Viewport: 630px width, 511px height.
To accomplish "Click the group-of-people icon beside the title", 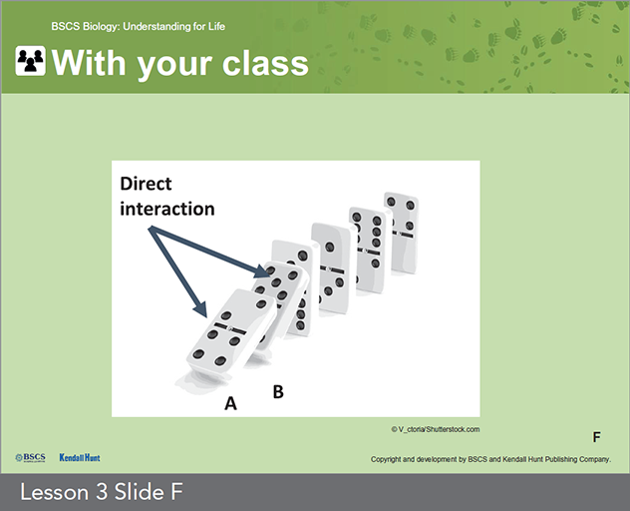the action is click(x=31, y=61).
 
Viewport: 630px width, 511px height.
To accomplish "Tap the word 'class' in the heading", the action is click(x=265, y=63).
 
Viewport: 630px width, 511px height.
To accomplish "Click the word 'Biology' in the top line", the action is click(x=101, y=27).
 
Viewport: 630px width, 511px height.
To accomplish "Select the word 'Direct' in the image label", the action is click(x=146, y=184).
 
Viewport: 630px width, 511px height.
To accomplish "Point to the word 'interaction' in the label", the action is click(x=167, y=209).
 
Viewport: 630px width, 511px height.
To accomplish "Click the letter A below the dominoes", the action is click(x=230, y=403).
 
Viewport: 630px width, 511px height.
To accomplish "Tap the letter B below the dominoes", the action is click(x=278, y=391).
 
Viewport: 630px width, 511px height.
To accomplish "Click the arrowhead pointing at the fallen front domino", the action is click(x=200, y=310).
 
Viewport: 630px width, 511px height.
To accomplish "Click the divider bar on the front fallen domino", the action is click(x=230, y=328).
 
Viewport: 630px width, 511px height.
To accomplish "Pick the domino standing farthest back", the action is click(x=400, y=233).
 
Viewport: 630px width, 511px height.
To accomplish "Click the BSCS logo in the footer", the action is click(x=30, y=458).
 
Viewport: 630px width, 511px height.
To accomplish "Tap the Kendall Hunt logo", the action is click(x=80, y=457).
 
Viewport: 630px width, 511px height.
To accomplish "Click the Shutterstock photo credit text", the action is click(x=436, y=429).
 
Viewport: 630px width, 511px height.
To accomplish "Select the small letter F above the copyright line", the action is click(x=597, y=437).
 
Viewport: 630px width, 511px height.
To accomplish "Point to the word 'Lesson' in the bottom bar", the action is click(x=54, y=492).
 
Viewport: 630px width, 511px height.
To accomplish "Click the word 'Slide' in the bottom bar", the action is click(x=130, y=492).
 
